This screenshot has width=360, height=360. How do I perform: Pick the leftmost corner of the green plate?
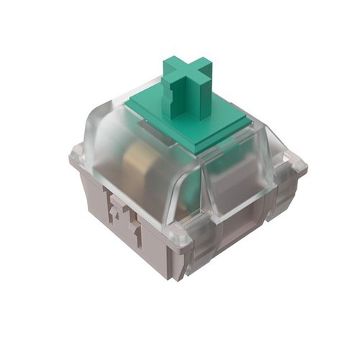click(x=127, y=108)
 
